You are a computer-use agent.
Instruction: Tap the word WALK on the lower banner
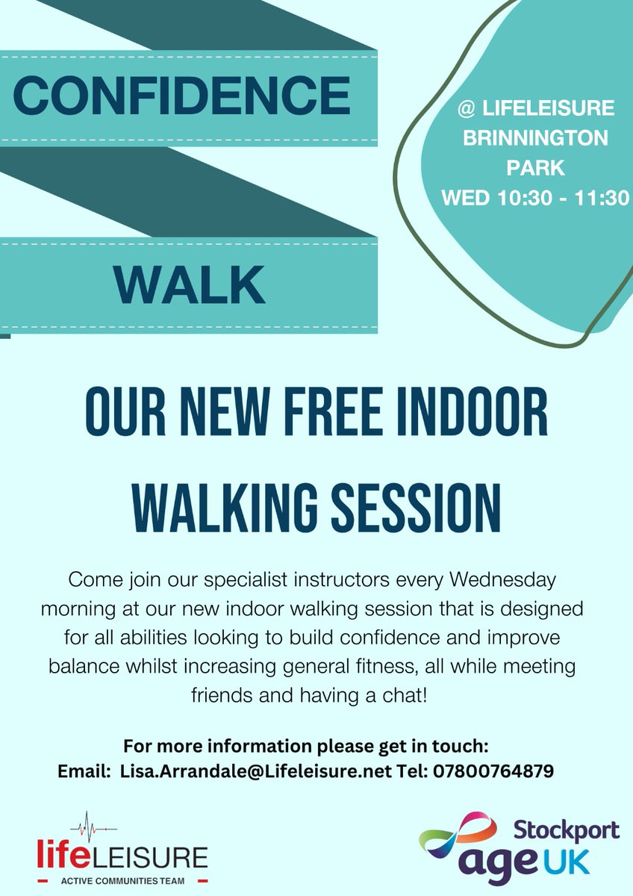pyautogui.click(x=190, y=284)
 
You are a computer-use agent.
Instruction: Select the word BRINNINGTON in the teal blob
pyautogui.click(x=536, y=138)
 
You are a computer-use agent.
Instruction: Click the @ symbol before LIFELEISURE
pyautogui.click(x=467, y=109)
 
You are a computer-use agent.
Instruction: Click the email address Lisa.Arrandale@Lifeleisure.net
pyautogui.click(x=256, y=771)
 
